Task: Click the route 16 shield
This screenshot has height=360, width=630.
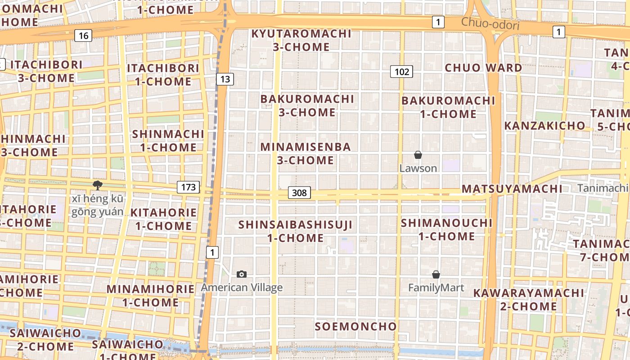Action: (x=84, y=36)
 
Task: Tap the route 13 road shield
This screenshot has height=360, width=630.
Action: (x=225, y=79)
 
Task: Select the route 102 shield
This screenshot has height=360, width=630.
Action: (x=401, y=71)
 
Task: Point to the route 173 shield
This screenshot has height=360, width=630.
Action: (x=188, y=187)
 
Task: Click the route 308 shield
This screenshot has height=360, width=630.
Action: (x=299, y=193)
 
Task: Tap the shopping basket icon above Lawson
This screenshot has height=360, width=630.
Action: (x=418, y=155)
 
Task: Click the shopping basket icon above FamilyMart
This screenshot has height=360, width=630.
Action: (x=436, y=274)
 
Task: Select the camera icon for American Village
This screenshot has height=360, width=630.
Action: (x=242, y=274)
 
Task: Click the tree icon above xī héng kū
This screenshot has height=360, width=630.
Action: (x=97, y=185)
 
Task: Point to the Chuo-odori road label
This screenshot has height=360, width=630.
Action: (x=490, y=23)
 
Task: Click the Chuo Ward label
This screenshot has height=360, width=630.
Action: (x=484, y=68)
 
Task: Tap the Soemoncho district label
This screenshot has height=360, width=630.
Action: (x=355, y=326)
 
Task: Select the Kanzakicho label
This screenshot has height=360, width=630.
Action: (x=544, y=126)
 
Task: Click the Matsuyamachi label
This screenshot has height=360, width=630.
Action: (x=512, y=189)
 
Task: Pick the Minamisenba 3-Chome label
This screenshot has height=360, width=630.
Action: (x=306, y=153)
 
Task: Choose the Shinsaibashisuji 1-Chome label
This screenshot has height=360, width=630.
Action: (x=296, y=231)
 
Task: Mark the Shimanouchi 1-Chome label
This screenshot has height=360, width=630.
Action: (x=447, y=229)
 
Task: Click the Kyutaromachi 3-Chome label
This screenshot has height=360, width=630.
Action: (x=301, y=40)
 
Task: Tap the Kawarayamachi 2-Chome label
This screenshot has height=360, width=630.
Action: (x=528, y=300)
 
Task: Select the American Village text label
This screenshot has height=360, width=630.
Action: (x=242, y=288)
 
